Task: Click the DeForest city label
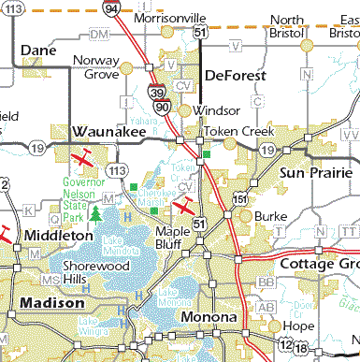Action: click(x=236, y=76)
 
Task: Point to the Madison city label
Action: click(x=48, y=304)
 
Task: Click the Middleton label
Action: click(x=60, y=236)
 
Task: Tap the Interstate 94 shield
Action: click(x=112, y=9)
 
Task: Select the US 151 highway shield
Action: click(x=241, y=199)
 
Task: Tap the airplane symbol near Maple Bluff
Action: click(x=187, y=204)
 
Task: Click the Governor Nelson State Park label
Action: click(x=81, y=195)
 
